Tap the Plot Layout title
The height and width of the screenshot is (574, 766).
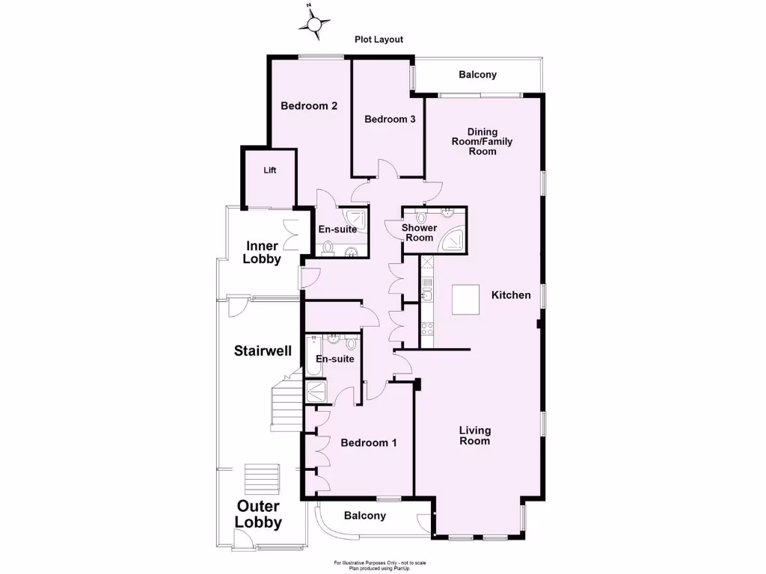pos(379,40)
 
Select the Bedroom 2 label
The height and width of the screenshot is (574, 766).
pos(309,106)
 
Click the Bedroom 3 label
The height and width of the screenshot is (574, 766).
pos(390,119)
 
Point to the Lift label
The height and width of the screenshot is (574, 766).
pos(270,170)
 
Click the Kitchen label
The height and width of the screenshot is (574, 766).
pos(511,295)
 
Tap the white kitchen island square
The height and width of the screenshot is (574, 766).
pos(465,300)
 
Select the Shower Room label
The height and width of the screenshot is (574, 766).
pos(419,232)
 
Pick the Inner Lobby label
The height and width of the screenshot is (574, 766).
pos(263,253)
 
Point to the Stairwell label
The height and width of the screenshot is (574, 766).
pos(263,351)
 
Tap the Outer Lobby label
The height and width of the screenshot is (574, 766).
pos(259,515)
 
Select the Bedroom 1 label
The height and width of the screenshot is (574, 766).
pos(369,442)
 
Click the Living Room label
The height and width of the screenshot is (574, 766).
pos(475,435)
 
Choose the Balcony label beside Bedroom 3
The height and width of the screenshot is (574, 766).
pos(477,75)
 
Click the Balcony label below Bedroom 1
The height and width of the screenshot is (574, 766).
pos(365,516)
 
